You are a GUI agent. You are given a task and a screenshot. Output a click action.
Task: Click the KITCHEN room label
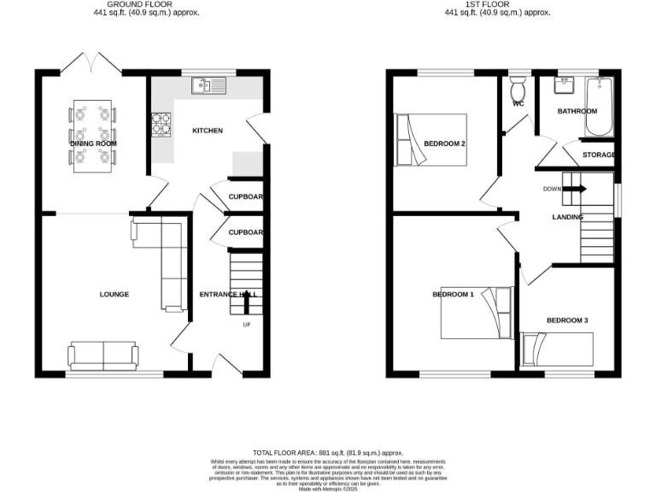tap(208, 131)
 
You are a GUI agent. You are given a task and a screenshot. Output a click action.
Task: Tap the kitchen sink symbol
tap(208, 84)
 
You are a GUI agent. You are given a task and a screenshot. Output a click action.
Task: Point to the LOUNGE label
tap(114, 295)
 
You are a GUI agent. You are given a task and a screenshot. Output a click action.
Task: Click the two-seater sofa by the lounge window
tap(103, 354)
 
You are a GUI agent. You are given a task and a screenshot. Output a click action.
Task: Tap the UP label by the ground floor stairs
tap(247, 325)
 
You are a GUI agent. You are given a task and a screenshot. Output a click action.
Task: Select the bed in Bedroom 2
tap(432, 141)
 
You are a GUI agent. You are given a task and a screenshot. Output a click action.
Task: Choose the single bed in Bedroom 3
tap(557, 349)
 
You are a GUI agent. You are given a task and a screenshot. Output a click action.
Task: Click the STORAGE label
tap(599, 155)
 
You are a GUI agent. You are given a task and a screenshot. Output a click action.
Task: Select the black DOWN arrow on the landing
tap(574, 189)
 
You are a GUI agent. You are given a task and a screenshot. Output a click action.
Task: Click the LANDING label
tap(567, 217)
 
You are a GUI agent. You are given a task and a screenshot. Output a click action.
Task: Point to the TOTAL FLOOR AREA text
tap(327, 452)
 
